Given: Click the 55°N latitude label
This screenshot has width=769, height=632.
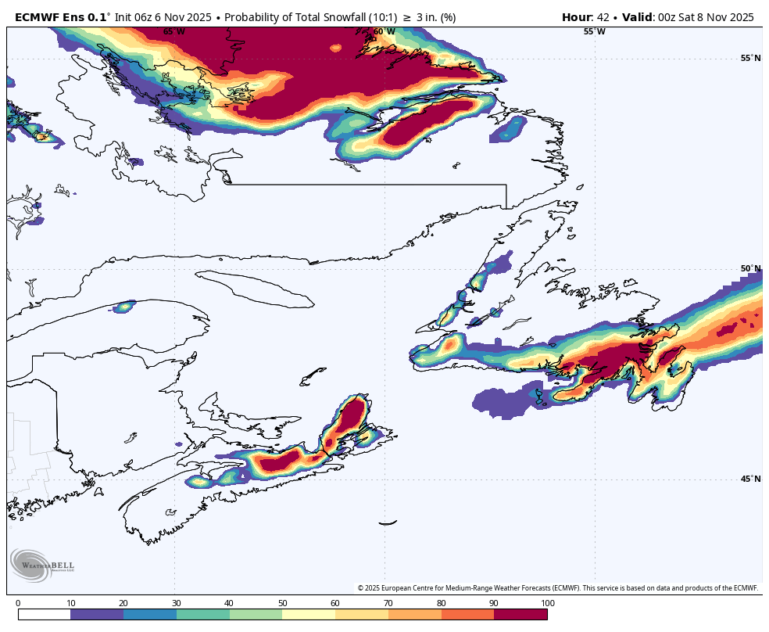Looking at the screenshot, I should (x=750, y=59).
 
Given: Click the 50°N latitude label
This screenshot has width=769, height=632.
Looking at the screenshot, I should (x=750, y=269).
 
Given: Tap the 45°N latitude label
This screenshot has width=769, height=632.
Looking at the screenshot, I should (x=750, y=479).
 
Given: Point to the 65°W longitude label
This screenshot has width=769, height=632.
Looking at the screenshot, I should (x=174, y=32).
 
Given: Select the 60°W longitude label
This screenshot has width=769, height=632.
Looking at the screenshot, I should (x=384, y=32).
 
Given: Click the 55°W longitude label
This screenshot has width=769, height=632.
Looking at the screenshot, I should (x=594, y=32).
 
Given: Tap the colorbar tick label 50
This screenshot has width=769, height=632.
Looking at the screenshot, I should (x=282, y=603).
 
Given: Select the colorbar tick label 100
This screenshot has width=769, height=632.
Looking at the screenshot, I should (x=547, y=603).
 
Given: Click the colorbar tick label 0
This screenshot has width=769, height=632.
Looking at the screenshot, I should (x=18, y=603).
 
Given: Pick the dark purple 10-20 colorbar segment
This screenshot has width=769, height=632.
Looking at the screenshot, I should (x=96, y=615).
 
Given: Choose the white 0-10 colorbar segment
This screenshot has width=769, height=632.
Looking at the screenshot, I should (x=44, y=615).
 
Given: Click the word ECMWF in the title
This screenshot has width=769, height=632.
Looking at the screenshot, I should (x=37, y=16).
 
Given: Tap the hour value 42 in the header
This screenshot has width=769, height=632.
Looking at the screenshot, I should (x=603, y=16).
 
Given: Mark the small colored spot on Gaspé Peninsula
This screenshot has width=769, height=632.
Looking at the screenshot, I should (x=123, y=307).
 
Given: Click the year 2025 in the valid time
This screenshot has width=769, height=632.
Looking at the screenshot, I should (x=738, y=16).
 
